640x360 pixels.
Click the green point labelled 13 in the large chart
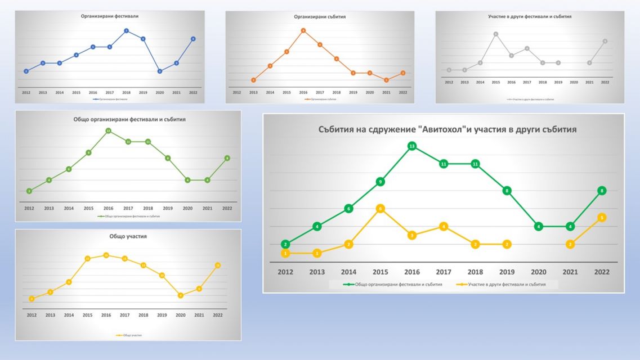412,146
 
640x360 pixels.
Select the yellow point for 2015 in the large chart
381,209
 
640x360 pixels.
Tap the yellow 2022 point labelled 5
602,218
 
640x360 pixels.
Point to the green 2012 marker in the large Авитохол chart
286,244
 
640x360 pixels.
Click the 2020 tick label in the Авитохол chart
539,272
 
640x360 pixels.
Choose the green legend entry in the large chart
392,285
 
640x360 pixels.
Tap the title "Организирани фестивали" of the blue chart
110,16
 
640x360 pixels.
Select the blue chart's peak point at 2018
127,30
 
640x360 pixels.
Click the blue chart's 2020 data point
160,71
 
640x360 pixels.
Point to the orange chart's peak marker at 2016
303,30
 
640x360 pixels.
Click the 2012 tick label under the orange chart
236,92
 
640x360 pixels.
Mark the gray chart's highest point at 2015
496,34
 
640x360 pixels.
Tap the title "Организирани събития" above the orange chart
320,17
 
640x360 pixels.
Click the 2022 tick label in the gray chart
605,82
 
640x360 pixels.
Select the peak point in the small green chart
108,130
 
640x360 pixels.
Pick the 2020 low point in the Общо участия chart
181,295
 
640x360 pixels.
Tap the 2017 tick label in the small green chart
128,208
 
